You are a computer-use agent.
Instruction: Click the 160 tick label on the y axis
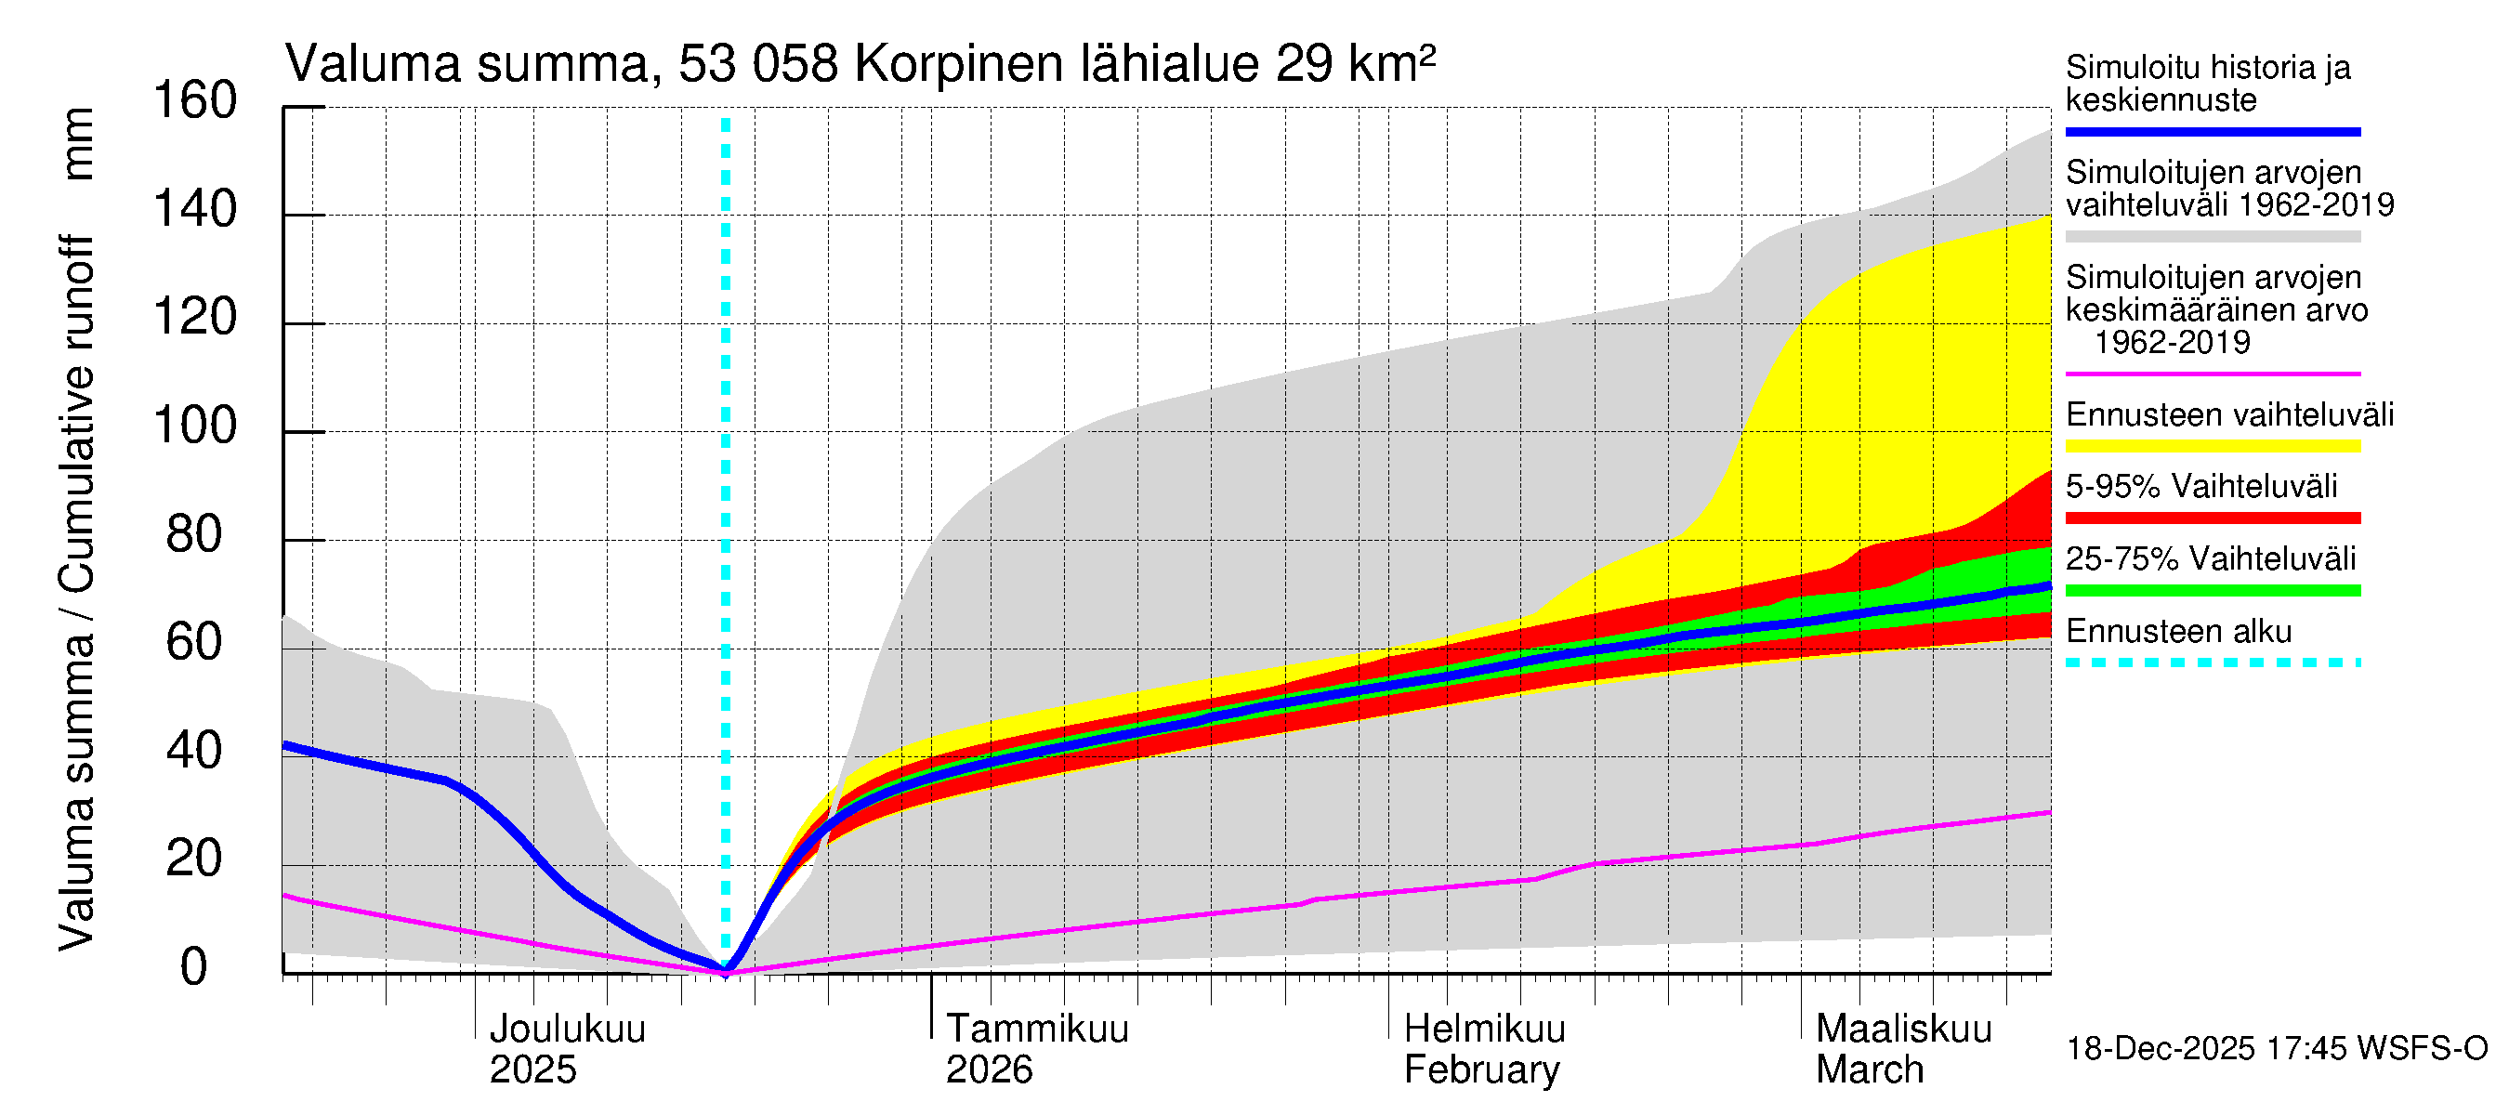(195, 101)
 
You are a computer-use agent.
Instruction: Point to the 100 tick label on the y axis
(195, 426)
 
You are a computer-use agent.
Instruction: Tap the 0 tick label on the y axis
(194, 967)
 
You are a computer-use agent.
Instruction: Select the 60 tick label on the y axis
(195, 643)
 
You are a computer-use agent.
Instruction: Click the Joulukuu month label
(567, 1030)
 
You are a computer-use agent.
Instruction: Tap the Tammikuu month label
(1036, 1030)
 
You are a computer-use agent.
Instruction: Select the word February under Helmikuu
(1480, 1070)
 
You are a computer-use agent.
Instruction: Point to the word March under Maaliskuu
(1869, 1070)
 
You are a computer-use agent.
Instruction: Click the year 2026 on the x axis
(989, 1070)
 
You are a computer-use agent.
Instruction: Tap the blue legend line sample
(2212, 131)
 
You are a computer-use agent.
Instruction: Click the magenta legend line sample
(2212, 374)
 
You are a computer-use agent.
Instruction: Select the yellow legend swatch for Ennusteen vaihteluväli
(2212, 446)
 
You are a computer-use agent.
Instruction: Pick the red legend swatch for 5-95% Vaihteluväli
(2212, 518)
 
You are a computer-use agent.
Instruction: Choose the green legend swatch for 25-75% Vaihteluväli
(2212, 590)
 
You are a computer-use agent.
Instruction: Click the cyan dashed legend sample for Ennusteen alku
(2212, 663)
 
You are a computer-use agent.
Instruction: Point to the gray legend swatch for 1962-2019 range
(2212, 237)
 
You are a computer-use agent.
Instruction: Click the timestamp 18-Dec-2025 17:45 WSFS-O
(2276, 1049)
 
